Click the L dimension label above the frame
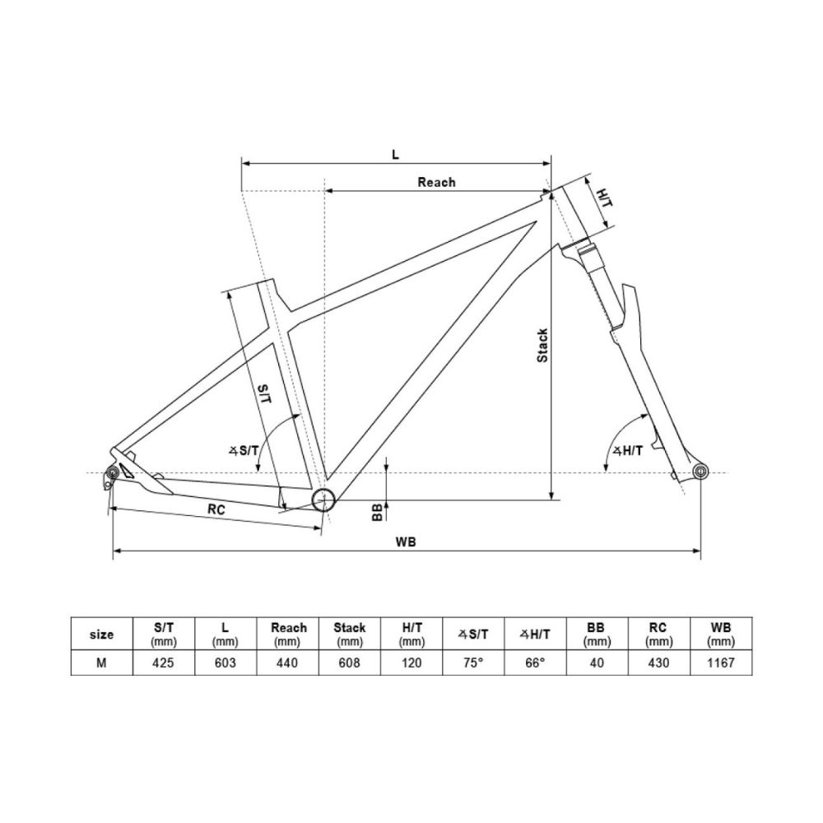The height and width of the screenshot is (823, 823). pyautogui.click(x=395, y=154)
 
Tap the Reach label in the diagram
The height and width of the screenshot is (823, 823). pyautogui.click(x=436, y=182)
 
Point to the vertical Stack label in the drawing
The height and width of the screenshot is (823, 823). pyautogui.click(x=542, y=346)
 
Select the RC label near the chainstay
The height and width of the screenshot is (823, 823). pyautogui.click(x=216, y=509)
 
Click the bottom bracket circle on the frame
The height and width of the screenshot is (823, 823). pyautogui.click(x=323, y=499)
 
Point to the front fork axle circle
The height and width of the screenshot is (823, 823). pyautogui.click(x=700, y=472)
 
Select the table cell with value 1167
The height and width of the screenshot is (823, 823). pyautogui.click(x=721, y=663)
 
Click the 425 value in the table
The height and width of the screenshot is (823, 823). pyautogui.click(x=165, y=663)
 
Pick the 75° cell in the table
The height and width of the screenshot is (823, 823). pyautogui.click(x=473, y=663)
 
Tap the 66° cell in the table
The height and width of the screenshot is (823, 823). pyautogui.click(x=535, y=663)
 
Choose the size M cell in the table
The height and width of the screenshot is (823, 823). pyautogui.click(x=101, y=663)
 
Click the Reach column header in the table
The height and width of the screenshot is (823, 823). pyautogui.click(x=288, y=633)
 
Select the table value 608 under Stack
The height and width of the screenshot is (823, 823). pyautogui.click(x=350, y=663)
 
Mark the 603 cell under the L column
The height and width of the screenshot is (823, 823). pyautogui.click(x=226, y=663)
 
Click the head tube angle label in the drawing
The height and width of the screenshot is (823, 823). pyautogui.click(x=628, y=450)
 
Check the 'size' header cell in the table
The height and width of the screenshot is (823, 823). pyautogui.click(x=101, y=634)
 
